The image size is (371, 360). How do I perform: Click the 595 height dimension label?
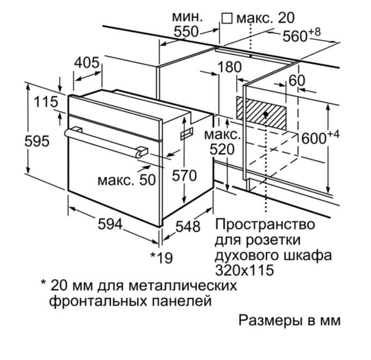click(x=37, y=141)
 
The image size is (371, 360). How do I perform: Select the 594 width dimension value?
click(x=110, y=224)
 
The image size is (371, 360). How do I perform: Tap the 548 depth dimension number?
click(x=188, y=226)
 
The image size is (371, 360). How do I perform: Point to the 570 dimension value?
click(x=184, y=176)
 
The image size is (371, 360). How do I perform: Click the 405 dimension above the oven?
click(x=87, y=63)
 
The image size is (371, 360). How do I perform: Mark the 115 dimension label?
click(x=46, y=102)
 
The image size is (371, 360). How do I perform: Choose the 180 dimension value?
click(x=230, y=67)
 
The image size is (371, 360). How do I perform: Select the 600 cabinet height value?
click(x=314, y=138)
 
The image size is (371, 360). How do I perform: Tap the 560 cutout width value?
click(x=295, y=36)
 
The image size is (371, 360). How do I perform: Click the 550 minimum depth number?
click(x=186, y=32)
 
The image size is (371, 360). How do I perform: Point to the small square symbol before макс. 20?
click(x=227, y=18)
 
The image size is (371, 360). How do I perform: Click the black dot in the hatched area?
click(x=266, y=114)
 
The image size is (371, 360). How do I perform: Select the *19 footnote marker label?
click(x=162, y=258)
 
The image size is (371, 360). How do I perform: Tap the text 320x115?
click(x=244, y=270)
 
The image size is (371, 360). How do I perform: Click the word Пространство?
click(x=265, y=224)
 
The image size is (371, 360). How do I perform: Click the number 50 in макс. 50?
click(x=147, y=180)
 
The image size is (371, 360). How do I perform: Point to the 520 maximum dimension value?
click(x=222, y=149)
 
